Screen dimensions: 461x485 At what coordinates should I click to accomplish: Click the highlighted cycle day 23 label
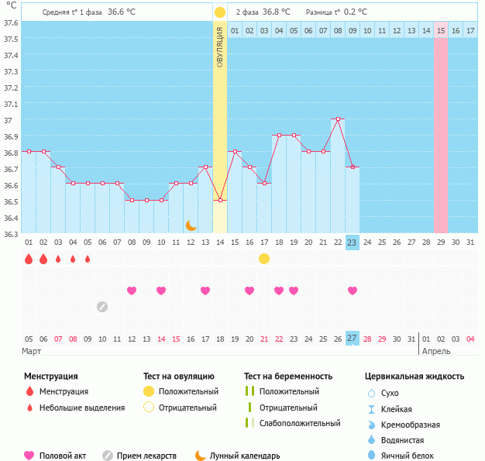click(352, 243)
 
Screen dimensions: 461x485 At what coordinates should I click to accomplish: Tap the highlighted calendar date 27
click(352, 339)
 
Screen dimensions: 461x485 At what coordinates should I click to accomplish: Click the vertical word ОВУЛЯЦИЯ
click(220, 46)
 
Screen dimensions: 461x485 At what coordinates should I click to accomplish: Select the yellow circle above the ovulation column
click(220, 12)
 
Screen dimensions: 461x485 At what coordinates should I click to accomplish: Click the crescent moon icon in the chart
click(191, 225)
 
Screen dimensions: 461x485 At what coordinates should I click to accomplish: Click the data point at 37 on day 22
click(338, 119)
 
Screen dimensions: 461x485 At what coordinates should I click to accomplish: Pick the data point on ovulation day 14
click(220, 201)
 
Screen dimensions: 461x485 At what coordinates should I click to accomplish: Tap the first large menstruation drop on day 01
click(29, 259)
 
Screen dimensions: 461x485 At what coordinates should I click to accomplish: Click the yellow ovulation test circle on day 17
click(264, 259)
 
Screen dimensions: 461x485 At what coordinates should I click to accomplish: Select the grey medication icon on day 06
click(102, 307)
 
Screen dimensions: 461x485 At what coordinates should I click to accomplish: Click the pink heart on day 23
click(353, 291)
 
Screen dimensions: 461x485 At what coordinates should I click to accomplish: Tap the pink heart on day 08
click(132, 291)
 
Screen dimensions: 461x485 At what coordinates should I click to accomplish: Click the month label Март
click(32, 352)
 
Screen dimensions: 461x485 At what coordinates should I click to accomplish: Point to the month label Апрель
click(435, 352)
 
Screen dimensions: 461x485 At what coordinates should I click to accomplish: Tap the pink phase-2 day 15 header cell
click(440, 30)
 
